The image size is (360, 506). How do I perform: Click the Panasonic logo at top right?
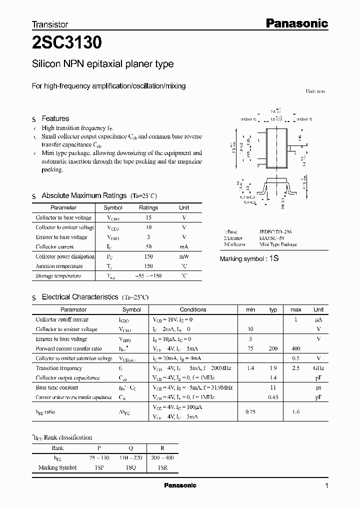[296, 23]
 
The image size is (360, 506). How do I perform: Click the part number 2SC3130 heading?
[67, 43]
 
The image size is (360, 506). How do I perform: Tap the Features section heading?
[55, 118]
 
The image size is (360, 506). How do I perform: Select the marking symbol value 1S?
[273, 258]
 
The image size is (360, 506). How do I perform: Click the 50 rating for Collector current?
[148, 246]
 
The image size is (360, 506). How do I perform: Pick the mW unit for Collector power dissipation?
[184, 256]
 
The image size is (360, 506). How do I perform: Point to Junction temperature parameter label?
[59, 266]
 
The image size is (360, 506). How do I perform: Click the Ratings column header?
[148, 207]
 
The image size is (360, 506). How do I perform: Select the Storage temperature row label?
[58, 276]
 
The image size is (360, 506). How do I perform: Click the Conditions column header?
[193, 309]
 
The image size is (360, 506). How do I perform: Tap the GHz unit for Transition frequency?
[318, 368]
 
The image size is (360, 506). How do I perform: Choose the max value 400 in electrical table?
[295, 348]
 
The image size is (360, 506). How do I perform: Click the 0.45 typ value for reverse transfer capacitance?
[273, 397]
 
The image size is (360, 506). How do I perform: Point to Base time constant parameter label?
[57, 387]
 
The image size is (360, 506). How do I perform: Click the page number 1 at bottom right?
[326, 486]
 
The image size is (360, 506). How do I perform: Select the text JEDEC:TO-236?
[275, 232]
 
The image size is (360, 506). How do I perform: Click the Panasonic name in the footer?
[180, 485]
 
